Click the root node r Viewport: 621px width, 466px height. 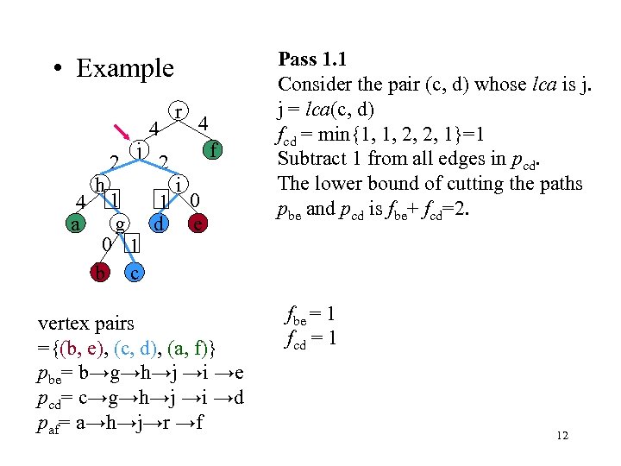pyautogui.click(x=178, y=112)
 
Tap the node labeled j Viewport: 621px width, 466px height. pyautogui.click(x=138, y=149)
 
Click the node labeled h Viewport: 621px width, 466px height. pyautogui.click(x=101, y=185)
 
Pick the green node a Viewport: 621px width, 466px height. pyautogui.click(x=76, y=224)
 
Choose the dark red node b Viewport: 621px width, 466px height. pyautogui.click(x=101, y=273)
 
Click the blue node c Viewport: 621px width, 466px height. pyautogui.click(x=135, y=273)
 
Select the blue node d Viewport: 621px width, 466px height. pyautogui.click(x=158, y=224)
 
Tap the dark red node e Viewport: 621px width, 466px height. pyautogui.click(x=198, y=224)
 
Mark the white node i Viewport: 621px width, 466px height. pyautogui.click(x=178, y=185)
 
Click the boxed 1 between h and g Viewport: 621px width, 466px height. pyautogui.click(x=115, y=198)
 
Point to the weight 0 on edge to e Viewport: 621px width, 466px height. pyautogui.click(x=197, y=200)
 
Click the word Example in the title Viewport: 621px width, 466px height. pyautogui.click(x=124, y=68)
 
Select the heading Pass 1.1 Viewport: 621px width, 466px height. pyautogui.click(x=311, y=60)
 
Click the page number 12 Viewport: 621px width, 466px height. pyautogui.click(x=561, y=436)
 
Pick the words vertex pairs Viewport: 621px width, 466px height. pyautogui.click(x=86, y=324)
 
